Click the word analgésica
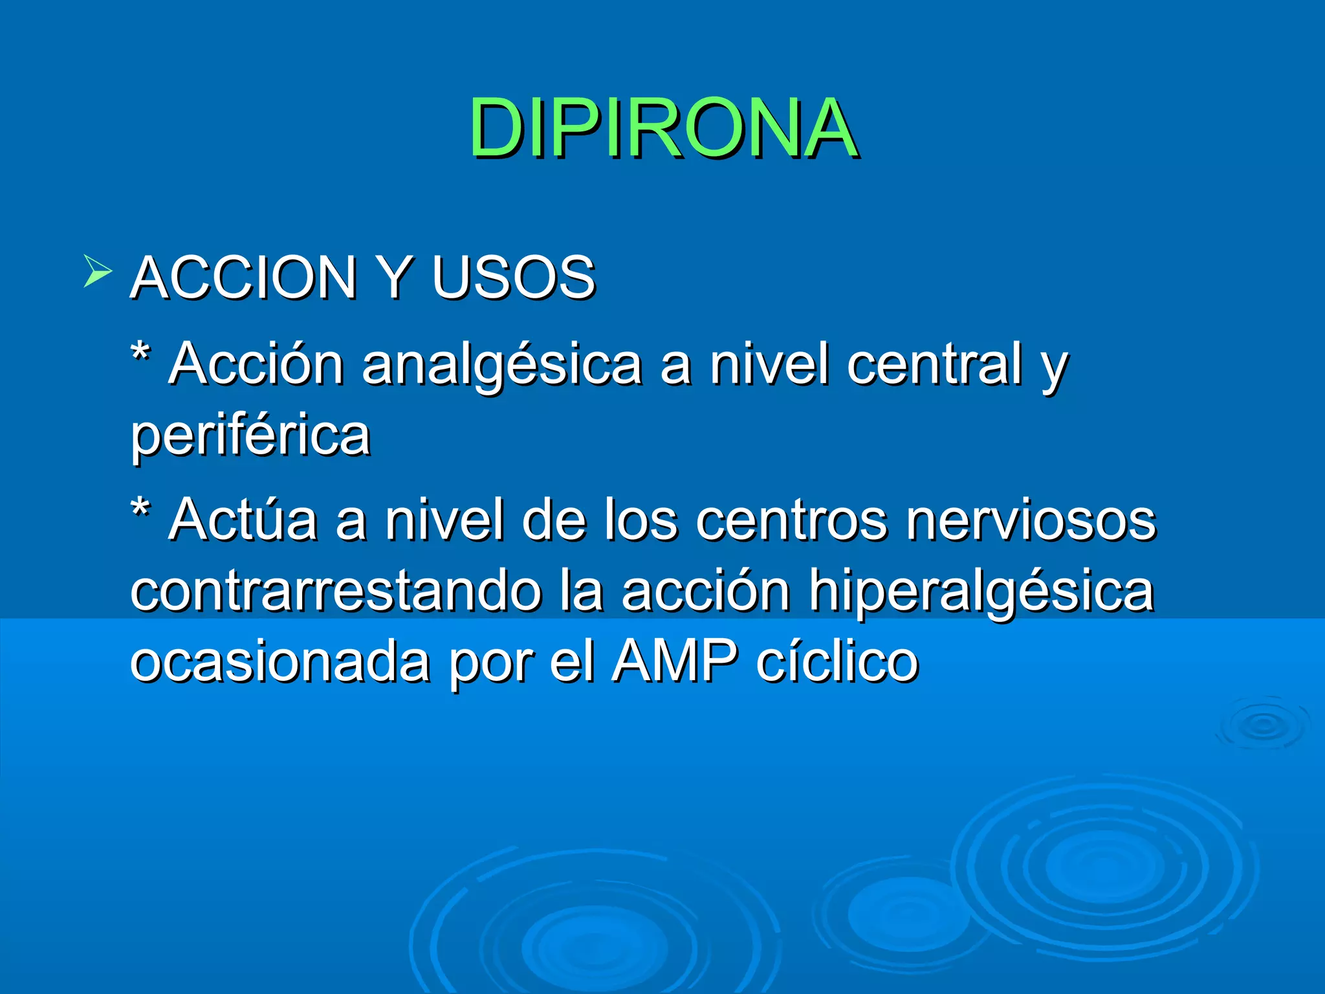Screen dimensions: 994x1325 point(501,365)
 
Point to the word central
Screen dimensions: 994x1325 point(935,364)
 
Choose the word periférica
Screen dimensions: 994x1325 point(250,435)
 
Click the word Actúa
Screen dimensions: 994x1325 point(243,519)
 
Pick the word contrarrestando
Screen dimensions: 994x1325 point(336,590)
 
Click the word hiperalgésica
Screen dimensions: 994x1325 point(981,591)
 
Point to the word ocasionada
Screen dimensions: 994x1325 point(280,661)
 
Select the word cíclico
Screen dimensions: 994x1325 point(837,661)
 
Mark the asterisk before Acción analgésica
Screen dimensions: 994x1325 point(140,354)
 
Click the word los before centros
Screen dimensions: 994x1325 point(641,520)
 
